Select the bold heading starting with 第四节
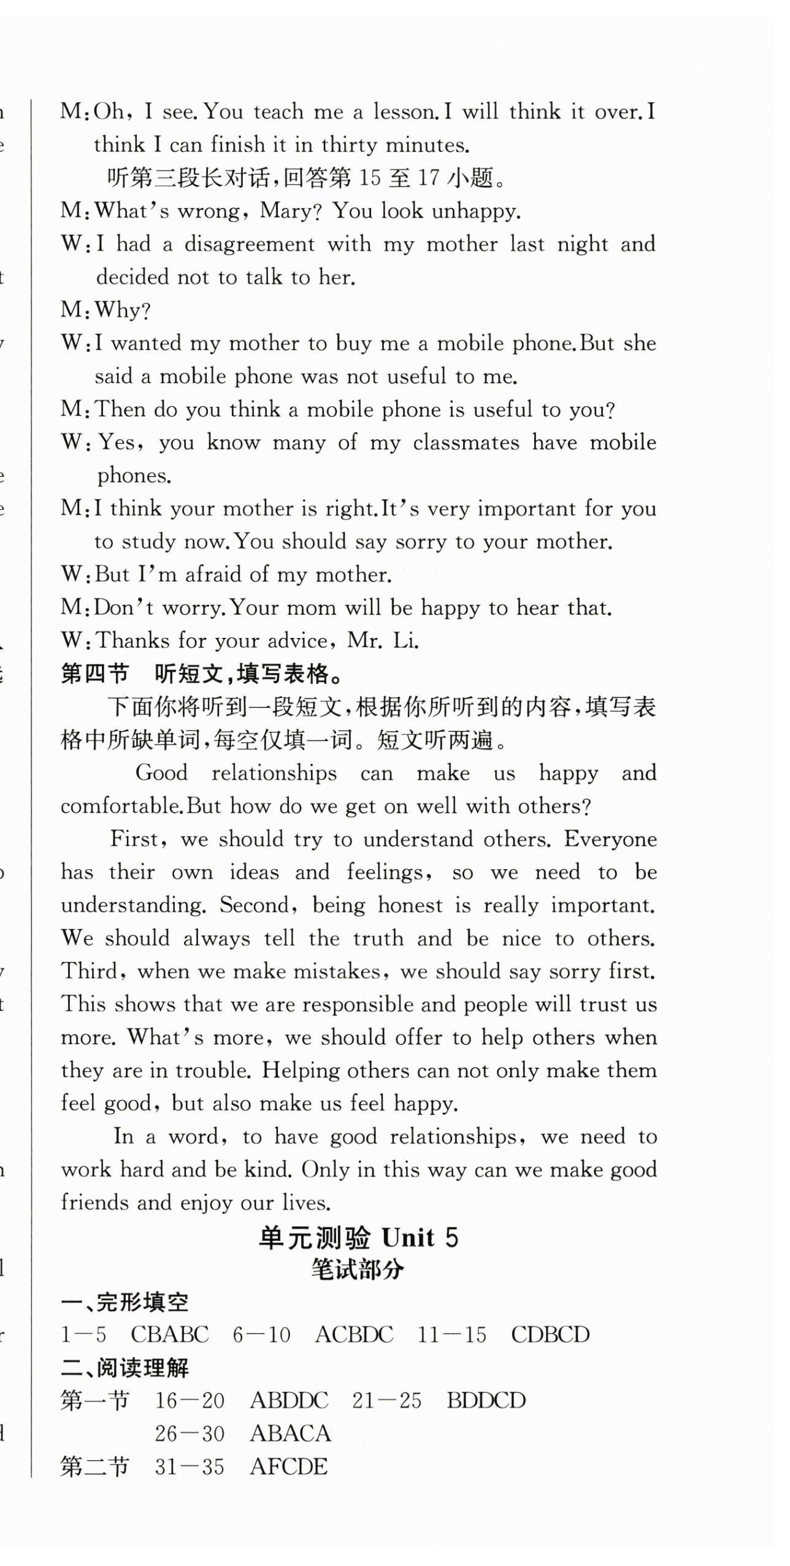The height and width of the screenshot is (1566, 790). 202,675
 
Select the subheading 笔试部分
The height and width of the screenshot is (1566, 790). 358,1270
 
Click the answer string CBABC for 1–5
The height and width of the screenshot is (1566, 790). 170,1335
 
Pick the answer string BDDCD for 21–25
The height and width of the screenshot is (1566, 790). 486,1401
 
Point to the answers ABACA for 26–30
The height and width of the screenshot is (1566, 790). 290,1434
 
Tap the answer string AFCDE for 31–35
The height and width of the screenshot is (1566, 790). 289,1467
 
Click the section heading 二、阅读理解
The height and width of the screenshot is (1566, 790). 125,1368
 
